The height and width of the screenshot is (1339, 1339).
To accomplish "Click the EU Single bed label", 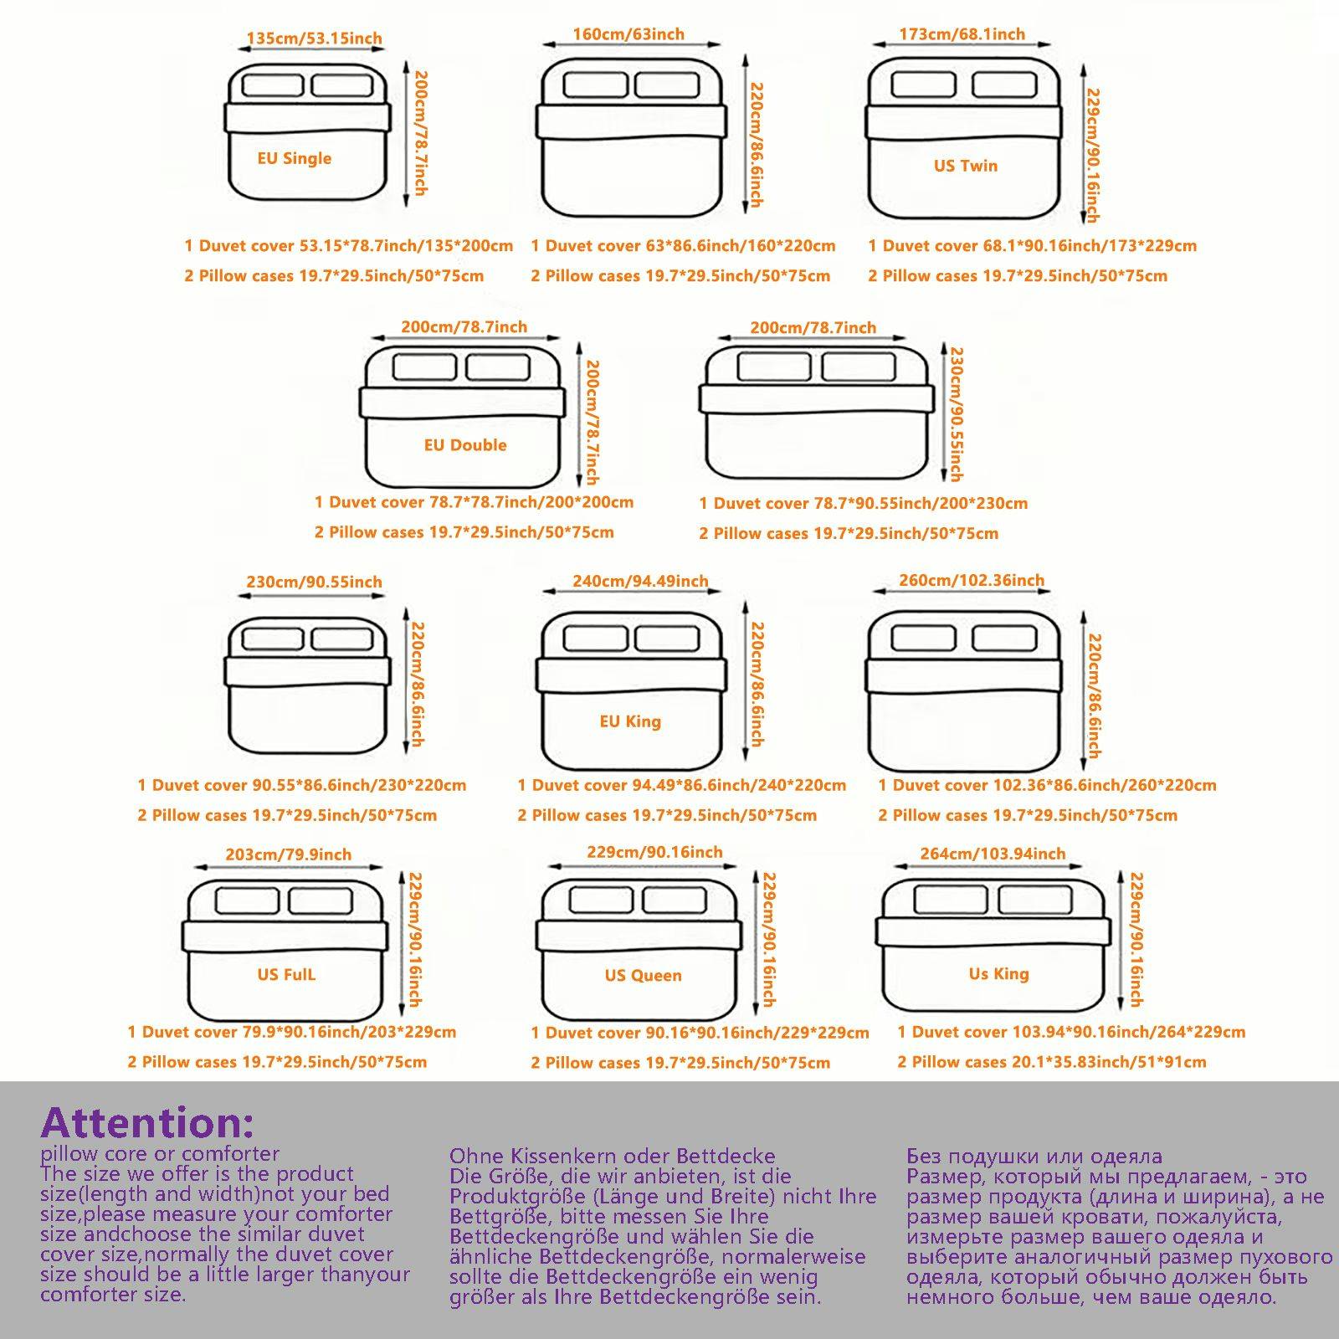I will pyautogui.click(x=295, y=158).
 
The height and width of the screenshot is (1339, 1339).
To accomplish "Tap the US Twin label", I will pyautogui.click(x=966, y=166).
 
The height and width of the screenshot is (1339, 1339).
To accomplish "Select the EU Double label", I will pyautogui.click(x=465, y=445).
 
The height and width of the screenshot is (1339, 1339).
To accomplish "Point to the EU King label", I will pyautogui.click(x=630, y=721).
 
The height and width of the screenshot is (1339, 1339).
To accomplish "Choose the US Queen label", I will pyautogui.click(x=643, y=975).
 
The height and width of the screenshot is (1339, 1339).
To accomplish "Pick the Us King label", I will pyautogui.click(x=998, y=973).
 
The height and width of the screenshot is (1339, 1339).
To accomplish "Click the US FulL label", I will pyautogui.click(x=286, y=975).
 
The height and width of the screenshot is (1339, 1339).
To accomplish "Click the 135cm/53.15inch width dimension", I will pyautogui.click(x=314, y=38).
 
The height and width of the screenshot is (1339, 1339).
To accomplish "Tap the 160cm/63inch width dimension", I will pyautogui.click(x=628, y=34).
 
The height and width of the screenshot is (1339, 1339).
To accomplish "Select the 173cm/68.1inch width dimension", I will pyautogui.click(x=962, y=34).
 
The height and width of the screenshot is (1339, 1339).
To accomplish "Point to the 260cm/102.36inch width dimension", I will pyautogui.click(x=972, y=580).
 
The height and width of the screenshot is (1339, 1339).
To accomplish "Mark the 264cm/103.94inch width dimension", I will pyautogui.click(x=993, y=854).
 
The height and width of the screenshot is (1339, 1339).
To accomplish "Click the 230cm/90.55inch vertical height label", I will pyautogui.click(x=955, y=414).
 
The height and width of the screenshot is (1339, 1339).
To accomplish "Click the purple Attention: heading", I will pyautogui.click(x=147, y=1122).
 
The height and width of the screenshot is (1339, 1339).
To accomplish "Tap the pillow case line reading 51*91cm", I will pyautogui.click(x=1052, y=1062).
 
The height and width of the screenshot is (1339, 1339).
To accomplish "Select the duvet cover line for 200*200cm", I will pyautogui.click(x=474, y=502).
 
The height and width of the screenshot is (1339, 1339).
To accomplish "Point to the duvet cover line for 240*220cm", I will pyautogui.click(x=681, y=785).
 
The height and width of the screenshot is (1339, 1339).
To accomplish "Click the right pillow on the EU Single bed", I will pyautogui.click(x=341, y=85).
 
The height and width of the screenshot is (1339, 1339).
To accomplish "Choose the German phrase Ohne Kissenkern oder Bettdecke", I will pyautogui.click(x=612, y=1157).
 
